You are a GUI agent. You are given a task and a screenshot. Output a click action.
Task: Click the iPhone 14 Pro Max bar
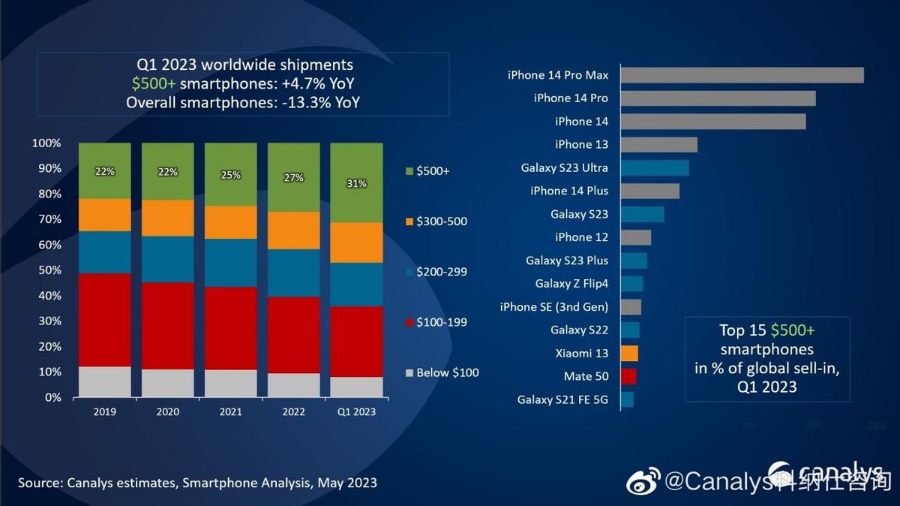(742, 75)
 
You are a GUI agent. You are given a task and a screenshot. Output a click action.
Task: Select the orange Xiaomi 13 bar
(629, 353)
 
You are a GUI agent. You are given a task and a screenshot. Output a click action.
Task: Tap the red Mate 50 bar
(628, 376)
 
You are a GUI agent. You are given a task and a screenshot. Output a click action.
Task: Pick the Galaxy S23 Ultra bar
(655, 167)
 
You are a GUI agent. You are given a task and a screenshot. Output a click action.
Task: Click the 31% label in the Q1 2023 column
(356, 183)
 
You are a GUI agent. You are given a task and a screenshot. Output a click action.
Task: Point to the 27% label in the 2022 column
(293, 178)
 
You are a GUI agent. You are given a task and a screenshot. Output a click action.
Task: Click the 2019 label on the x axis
(104, 411)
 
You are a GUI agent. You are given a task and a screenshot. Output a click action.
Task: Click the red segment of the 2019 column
(104, 320)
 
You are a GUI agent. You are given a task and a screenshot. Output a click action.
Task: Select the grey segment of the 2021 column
(230, 383)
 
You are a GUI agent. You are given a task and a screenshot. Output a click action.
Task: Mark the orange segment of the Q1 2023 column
(356, 242)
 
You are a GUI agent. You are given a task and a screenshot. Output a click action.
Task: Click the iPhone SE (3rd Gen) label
(554, 306)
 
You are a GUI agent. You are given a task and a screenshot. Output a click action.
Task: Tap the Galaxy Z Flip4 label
(571, 283)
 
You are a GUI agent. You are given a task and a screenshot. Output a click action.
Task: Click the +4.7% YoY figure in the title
(309, 83)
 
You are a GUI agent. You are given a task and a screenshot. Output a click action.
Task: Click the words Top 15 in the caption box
(742, 331)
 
